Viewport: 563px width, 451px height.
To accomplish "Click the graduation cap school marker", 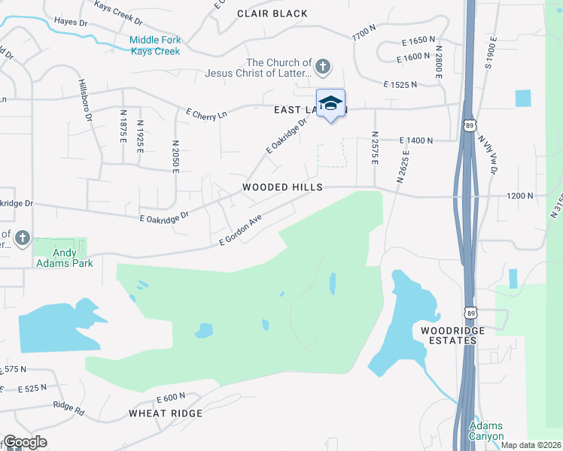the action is (330, 104).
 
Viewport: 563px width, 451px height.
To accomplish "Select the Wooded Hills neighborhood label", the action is (282, 187).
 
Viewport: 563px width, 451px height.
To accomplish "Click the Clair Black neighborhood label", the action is (272, 14).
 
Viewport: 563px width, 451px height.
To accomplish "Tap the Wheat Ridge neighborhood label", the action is (166, 413).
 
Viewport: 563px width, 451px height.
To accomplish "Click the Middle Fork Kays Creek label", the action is (154, 46).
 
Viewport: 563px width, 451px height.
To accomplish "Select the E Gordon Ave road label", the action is (239, 231).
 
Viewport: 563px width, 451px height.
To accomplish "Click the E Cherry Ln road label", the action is (206, 114).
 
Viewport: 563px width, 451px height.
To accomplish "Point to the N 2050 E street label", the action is (175, 156).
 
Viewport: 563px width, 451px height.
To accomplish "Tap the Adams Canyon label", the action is (485, 430).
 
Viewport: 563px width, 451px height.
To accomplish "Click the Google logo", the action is (24, 442).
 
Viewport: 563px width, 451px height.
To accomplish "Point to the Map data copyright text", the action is (531, 445).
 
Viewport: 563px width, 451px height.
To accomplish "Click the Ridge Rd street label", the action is (68, 406).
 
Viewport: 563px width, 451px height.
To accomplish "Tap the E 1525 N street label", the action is (400, 86).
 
